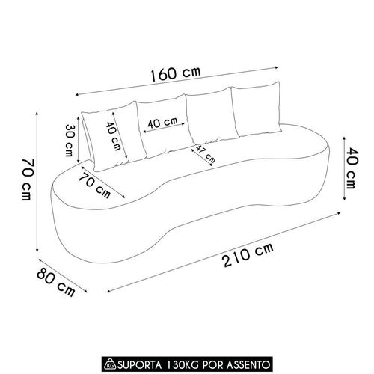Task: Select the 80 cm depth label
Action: coord(56,282)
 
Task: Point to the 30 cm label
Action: coord(69,140)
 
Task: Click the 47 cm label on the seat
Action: coord(205,154)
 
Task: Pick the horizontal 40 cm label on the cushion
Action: coord(163,123)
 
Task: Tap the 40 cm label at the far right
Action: coord(352,168)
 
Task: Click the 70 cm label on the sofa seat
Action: coord(95,186)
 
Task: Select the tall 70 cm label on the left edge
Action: coord(26,179)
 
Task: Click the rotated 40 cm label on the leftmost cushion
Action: coord(114,136)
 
